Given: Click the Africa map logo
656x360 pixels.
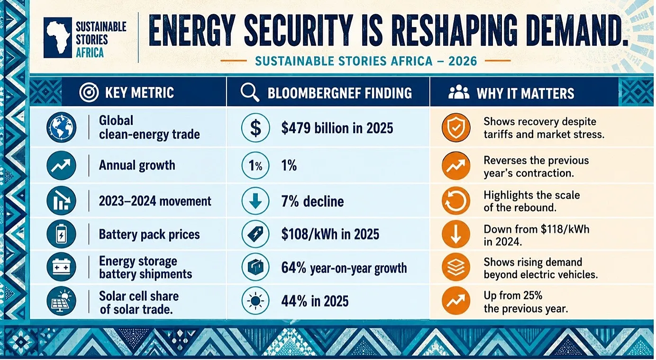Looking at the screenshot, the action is coord(58,37).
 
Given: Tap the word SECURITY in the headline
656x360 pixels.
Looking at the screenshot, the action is coord(299,30).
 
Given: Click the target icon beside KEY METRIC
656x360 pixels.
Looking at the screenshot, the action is coord(89,92).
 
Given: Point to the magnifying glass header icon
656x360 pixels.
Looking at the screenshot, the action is coord(250,92).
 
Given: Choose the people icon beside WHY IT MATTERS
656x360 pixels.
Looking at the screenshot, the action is coord(459,92).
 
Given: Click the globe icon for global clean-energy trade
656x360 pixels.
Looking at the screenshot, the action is coord(61,127).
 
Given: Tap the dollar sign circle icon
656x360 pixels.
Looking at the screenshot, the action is coord(255,128).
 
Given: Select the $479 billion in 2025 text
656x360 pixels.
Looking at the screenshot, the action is coord(337,128).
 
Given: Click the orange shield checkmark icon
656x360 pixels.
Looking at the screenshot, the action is coord(456,127).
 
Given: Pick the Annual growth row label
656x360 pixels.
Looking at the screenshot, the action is coord(137,165).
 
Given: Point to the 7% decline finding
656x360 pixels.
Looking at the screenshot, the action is coord(312,201).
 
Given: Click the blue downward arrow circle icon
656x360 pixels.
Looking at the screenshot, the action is coord(255,201).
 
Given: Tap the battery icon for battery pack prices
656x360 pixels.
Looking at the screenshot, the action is coord(61,234).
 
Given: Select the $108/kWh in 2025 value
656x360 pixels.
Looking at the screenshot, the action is coord(330,234).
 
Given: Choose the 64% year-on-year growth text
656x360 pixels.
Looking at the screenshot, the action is coord(344,268).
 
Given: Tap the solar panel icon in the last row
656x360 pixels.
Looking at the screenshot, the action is coord(61,301).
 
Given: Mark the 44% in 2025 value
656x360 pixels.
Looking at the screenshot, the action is coord(315,301).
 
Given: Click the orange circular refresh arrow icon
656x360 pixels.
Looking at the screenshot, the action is coord(456,201).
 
